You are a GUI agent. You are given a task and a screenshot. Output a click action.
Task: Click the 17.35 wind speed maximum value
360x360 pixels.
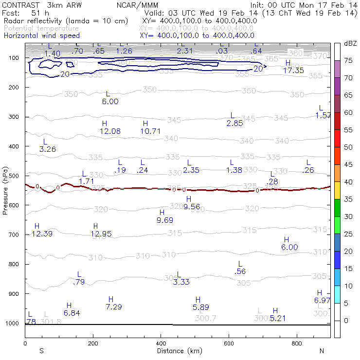tap(293, 71)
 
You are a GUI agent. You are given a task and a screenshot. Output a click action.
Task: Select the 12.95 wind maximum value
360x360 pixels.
tap(101, 234)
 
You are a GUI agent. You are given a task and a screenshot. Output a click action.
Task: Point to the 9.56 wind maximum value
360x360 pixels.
tap(192, 206)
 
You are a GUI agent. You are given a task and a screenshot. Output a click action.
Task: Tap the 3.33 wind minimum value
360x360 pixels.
tap(181, 282)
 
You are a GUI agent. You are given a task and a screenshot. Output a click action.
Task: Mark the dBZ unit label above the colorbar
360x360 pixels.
tap(350, 43)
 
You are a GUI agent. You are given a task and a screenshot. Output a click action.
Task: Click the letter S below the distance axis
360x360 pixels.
tap(42, 350)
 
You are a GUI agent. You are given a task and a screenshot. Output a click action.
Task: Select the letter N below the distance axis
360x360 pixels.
tap(322, 350)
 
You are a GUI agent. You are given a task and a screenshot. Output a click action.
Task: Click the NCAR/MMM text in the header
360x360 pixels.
tap(138, 4)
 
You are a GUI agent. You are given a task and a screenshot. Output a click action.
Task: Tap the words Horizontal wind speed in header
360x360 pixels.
tap(42, 36)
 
